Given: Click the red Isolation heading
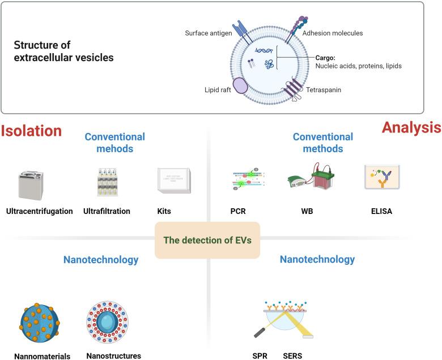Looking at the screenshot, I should [31, 131].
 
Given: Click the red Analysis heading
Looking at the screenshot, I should [411, 127].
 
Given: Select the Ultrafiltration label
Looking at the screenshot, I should [107, 211].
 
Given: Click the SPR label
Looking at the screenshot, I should [260, 356].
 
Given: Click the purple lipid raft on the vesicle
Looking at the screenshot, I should [241, 85].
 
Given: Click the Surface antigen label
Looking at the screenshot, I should [209, 33].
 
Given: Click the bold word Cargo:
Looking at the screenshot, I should [326, 57].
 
